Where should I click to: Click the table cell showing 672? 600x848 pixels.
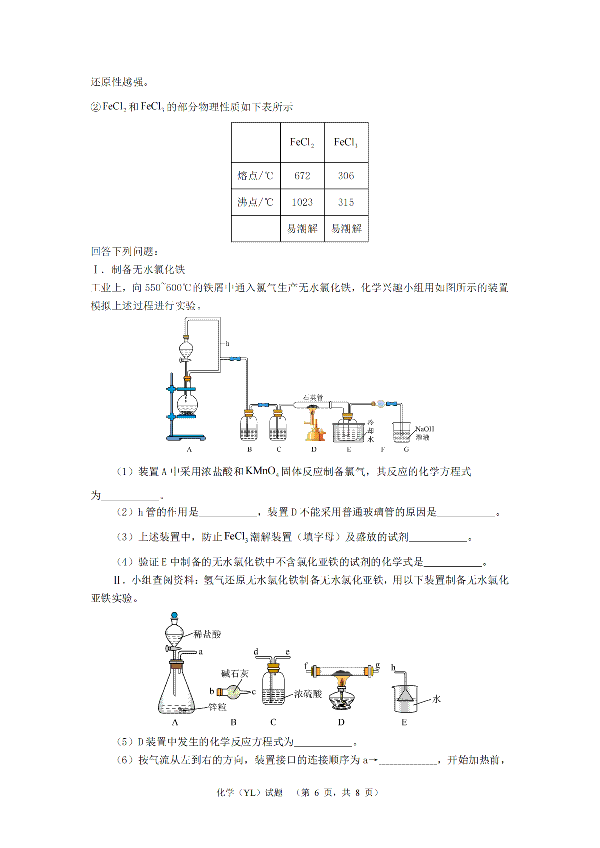pyautogui.click(x=302, y=176)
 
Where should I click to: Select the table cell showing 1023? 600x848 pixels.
pyautogui.click(x=302, y=202)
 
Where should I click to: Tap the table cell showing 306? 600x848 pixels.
pyautogui.click(x=346, y=176)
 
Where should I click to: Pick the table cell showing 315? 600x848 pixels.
pyautogui.click(x=346, y=202)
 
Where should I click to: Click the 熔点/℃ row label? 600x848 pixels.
pyautogui.click(x=255, y=176)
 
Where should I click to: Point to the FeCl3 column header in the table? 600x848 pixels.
pyautogui.click(x=346, y=142)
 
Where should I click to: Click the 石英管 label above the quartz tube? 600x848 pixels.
pyautogui.click(x=313, y=397)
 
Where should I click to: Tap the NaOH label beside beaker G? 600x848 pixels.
pyautogui.click(x=424, y=429)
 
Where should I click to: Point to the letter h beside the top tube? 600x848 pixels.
pyautogui.click(x=228, y=344)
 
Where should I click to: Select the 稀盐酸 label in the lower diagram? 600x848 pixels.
pyautogui.click(x=207, y=634)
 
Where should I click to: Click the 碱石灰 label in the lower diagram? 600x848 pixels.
pyautogui.click(x=235, y=674)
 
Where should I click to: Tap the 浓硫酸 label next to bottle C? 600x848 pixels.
pyautogui.click(x=308, y=694)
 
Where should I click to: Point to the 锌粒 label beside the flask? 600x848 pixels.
pyautogui.click(x=217, y=707)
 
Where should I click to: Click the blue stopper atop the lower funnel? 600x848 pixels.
pyautogui.click(x=174, y=615)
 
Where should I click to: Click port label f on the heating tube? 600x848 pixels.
pyautogui.click(x=306, y=666)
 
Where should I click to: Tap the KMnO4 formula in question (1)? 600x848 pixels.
pyautogui.click(x=262, y=472)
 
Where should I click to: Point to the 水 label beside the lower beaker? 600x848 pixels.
pyautogui.click(x=436, y=699)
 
